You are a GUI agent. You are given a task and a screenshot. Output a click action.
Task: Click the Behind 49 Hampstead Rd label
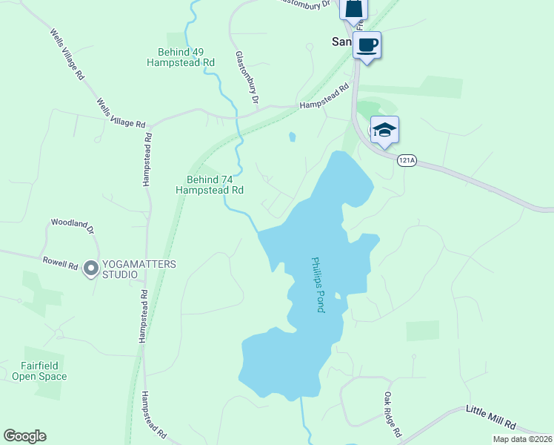(x=186, y=57)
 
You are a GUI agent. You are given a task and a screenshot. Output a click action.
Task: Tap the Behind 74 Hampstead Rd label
(x=210, y=185)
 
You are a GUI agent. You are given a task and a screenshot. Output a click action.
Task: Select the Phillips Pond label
(x=316, y=284)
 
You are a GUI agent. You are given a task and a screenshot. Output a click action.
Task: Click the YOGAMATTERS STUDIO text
(x=119, y=268)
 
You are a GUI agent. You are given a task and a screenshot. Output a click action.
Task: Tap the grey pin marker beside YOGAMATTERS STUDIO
(x=91, y=268)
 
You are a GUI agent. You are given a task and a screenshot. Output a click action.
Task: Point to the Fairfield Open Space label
(x=39, y=371)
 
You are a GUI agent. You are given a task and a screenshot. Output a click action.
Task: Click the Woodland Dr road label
(x=73, y=225)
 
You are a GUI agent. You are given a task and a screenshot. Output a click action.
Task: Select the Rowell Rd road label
(x=61, y=263)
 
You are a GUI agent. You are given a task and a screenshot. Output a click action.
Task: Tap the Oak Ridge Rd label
(x=393, y=414)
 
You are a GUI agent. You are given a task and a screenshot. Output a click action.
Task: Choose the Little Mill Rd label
(x=491, y=418)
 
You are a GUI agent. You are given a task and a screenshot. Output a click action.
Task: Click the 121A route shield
(x=405, y=160)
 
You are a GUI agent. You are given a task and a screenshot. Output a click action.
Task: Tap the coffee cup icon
(x=367, y=44)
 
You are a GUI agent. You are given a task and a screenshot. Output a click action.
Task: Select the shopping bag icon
(x=353, y=7)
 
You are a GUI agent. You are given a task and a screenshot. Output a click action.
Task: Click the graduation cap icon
(x=384, y=131)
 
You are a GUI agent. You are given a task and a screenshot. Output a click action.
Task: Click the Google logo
(x=24, y=436)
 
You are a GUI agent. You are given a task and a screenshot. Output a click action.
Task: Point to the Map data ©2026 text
(x=522, y=439)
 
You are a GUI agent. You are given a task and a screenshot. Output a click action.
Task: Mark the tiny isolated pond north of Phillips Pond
(x=292, y=136)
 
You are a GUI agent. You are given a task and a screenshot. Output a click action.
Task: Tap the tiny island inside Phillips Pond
(x=337, y=296)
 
